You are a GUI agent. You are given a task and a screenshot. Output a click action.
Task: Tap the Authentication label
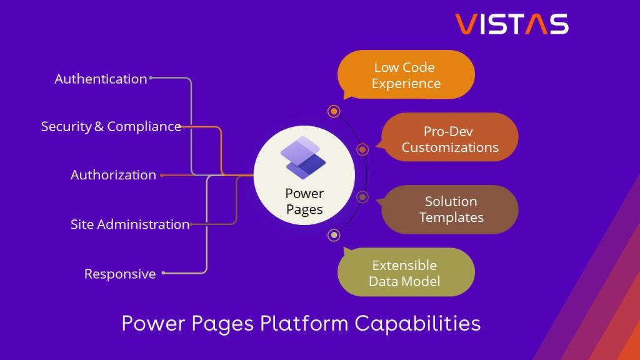[x=101, y=79]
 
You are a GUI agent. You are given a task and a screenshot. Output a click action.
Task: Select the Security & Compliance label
[x=111, y=126]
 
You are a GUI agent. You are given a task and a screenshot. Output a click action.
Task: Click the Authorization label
[x=113, y=175]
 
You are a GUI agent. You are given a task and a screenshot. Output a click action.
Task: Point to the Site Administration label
[x=129, y=224]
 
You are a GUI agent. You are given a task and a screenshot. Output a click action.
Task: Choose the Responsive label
[x=120, y=274]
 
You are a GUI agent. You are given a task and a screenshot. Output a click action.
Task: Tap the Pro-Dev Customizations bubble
[x=450, y=139]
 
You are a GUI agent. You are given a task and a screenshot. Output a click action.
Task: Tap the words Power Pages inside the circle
[x=304, y=201]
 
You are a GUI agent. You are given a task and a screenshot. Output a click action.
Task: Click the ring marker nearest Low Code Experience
[x=334, y=111]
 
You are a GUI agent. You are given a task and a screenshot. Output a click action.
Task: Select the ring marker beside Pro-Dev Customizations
[x=362, y=149]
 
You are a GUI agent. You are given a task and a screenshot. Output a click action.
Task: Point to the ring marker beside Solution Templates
[x=362, y=197]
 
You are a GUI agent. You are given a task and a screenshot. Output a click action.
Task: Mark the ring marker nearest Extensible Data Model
[x=334, y=235]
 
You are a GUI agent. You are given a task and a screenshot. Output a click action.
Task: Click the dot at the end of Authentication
[x=151, y=78]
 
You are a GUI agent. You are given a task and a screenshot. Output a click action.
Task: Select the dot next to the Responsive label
[x=163, y=273]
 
